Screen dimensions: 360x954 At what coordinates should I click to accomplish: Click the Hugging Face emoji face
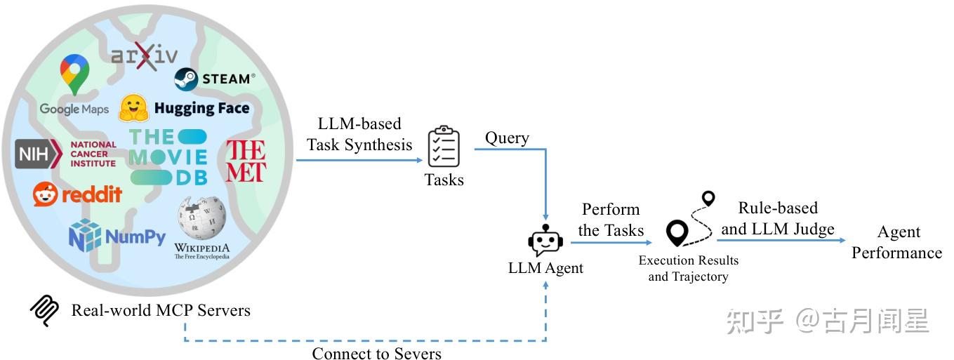pos(133,108)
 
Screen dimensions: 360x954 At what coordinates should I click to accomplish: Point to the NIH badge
pos(38,154)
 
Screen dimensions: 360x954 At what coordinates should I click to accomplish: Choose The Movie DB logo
pos(168,156)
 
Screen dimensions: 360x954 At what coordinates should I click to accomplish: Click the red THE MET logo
pos(246,161)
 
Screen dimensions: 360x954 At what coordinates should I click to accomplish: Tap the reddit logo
pos(77,194)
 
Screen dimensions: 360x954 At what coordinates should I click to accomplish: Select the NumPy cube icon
pos(85,235)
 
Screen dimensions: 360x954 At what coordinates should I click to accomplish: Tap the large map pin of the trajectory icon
pos(677,233)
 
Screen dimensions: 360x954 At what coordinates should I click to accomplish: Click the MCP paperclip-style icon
pos(44,310)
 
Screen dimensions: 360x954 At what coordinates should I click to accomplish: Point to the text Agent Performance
pos(897,242)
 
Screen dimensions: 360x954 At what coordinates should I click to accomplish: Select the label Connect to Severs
pos(377,352)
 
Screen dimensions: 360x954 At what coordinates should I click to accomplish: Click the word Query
pos(507,138)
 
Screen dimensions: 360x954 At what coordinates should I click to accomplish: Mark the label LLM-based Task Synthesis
pos(359,134)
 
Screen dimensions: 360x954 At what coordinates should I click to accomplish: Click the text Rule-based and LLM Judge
pos(778,218)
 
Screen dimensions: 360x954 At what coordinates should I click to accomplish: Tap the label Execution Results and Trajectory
pos(688,268)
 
